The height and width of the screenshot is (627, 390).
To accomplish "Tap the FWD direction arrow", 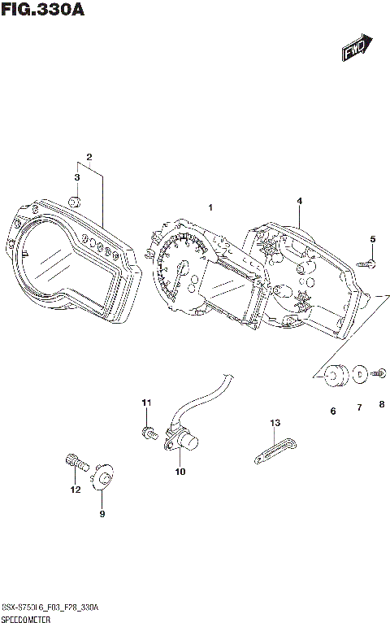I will pyautogui.click(x=356, y=48).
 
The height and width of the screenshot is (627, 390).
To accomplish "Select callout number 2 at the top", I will pyautogui.click(x=89, y=157).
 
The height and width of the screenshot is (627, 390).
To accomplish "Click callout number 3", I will pyautogui.click(x=77, y=177).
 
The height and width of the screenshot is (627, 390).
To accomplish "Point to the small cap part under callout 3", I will pyautogui.click(x=75, y=202).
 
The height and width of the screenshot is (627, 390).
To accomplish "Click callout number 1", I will pyautogui.click(x=210, y=208).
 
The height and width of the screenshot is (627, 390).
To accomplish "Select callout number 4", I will pyautogui.click(x=299, y=200).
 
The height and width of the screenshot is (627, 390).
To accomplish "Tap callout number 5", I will pyautogui.click(x=373, y=238).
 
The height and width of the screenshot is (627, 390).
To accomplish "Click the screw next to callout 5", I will pyautogui.click(x=368, y=262).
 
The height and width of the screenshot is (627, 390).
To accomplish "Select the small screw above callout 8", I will pyautogui.click(x=379, y=374).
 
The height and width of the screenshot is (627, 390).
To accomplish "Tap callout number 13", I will pyautogui.click(x=275, y=423).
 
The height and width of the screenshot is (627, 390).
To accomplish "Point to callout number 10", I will pyautogui.click(x=180, y=472).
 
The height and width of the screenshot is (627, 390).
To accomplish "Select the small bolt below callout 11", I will pyautogui.click(x=149, y=433).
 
